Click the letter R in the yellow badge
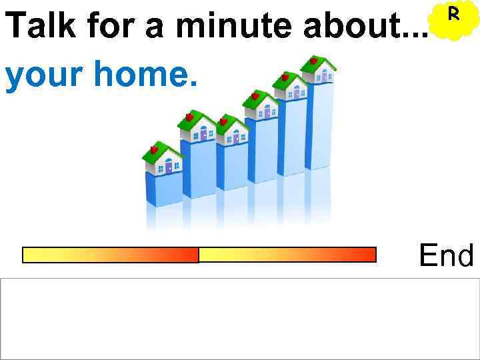coord(454,15)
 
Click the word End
coord(446,255)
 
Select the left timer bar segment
coord(111,255)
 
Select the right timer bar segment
coord(287,255)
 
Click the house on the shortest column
coord(162,159)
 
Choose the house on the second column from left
coord(198,126)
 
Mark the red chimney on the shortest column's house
coord(154,149)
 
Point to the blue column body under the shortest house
coord(163,190)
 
